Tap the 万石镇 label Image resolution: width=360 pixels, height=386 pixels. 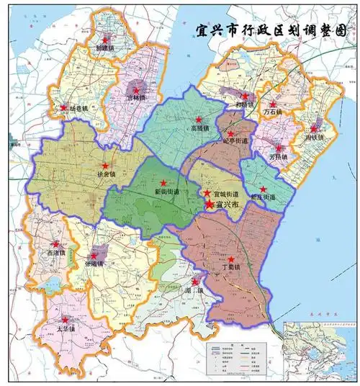[273, 112]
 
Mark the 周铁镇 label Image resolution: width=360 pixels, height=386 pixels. [315, 137]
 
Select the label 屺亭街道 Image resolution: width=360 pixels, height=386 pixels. [234, 142]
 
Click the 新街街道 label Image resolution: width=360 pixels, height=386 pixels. [167, 192]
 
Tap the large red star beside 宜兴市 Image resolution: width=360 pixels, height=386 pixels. [210, 205]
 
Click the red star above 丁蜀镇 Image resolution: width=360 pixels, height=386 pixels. [231, 259]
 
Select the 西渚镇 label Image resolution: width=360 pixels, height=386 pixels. [55, 253]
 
